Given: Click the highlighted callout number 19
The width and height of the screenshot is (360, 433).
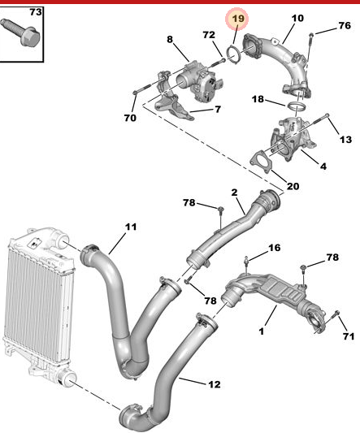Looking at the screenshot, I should click(x=237, y=18).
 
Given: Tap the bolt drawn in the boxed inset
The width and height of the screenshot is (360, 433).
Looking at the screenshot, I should click(x=23, y=36).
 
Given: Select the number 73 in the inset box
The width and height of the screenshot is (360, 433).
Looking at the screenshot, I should click(x=36, y=13).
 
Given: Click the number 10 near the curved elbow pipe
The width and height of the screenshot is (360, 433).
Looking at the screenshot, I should click(x=297, y=18).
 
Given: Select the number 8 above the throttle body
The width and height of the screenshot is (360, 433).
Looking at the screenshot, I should click(x=170, y=38).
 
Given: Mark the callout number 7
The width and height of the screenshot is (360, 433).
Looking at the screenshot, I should click(x=217, y=110).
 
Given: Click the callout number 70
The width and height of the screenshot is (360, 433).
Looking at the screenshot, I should click(x=130, y=118).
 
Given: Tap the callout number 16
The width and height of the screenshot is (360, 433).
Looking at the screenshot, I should click(x=274, y=248).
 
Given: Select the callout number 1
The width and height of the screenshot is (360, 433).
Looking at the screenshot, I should click(x=262, y=331).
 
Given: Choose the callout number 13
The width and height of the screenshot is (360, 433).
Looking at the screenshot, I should click(x=345, y=140).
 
